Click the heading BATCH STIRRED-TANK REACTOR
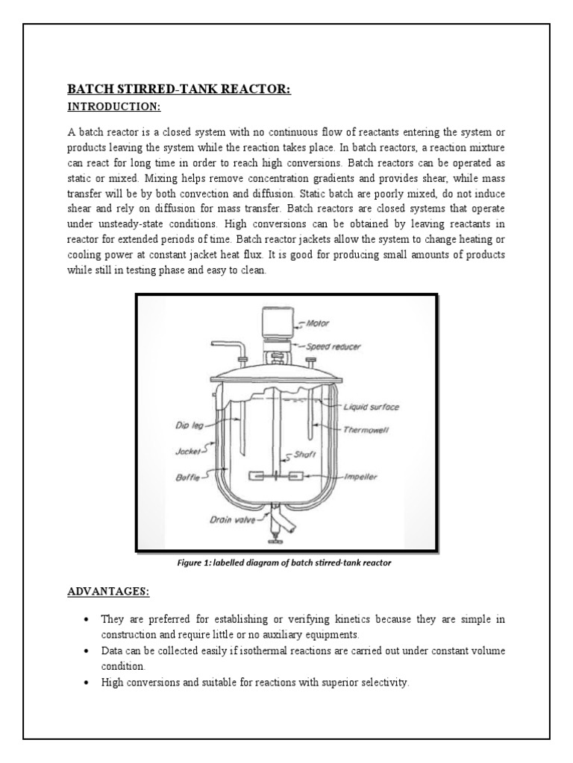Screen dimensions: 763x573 [x=178, y=90]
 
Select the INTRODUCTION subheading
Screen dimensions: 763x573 [x=113, y=107]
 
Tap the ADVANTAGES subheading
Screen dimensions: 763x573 [x=109, y=592]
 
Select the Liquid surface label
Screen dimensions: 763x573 [x=371, y=407]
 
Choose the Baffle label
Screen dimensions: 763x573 [x=187, y=478]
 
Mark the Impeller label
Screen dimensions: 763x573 [x=359, y=477]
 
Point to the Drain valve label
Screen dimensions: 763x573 [x=232, y=521]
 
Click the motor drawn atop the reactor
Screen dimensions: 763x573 [x=275, y=328]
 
